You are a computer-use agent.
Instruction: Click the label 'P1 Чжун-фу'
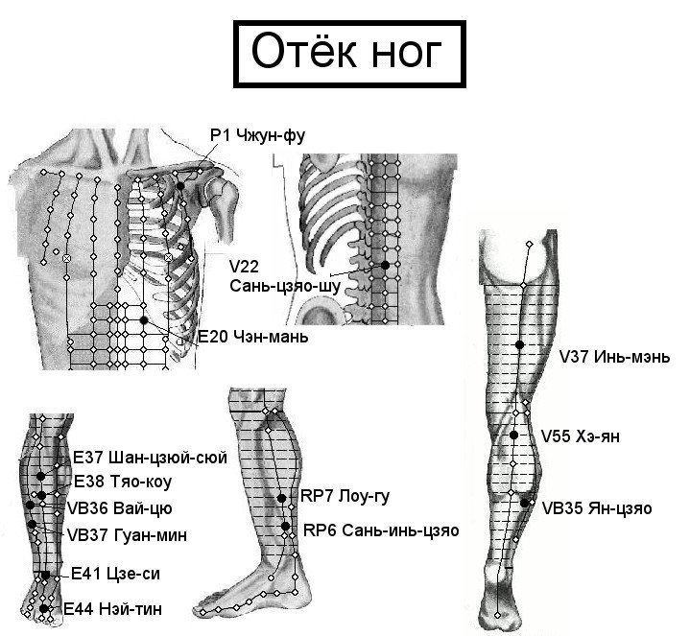257,135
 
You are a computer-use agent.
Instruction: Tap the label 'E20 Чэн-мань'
252,337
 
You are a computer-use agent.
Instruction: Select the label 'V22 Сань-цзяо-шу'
285,276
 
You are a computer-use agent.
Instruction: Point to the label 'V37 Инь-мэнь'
614,356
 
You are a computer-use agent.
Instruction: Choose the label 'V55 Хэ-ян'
580,436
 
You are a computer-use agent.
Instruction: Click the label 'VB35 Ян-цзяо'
597,508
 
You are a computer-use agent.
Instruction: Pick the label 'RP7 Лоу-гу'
345,497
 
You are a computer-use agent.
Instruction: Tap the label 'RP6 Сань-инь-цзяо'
381,530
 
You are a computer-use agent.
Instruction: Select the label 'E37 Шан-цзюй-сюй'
150,458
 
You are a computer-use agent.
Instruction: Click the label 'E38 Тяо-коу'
122,482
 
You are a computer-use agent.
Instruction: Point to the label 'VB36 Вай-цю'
119,508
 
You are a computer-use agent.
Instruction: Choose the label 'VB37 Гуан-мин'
128,535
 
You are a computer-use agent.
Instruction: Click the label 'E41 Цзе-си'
115,574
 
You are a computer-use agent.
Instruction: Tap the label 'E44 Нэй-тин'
112,609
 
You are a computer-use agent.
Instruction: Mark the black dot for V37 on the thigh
520,344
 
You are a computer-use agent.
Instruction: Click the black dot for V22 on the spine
385,265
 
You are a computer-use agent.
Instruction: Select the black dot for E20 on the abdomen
143,320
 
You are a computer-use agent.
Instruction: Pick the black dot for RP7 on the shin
281,498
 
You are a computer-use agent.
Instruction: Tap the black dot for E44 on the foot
43,609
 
